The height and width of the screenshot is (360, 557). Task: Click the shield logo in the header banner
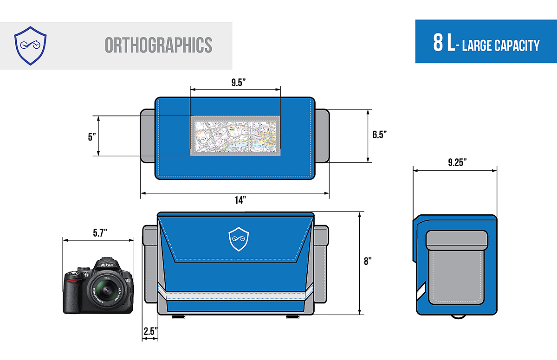point(30,45)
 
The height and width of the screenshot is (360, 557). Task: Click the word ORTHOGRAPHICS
point(158,45)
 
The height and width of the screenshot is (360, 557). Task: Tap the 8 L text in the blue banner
point(443,43)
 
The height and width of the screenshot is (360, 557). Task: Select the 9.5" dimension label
point(239,83)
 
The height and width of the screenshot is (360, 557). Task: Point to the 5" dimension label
point(91,137)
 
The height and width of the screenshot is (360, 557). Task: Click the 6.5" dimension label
point(380,135)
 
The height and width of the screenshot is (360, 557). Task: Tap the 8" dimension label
point(368,261)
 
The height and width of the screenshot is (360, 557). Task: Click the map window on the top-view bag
point(237,136)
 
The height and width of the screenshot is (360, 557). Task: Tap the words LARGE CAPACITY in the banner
point(501,45)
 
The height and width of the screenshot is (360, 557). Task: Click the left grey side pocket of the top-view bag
point(147,136)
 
